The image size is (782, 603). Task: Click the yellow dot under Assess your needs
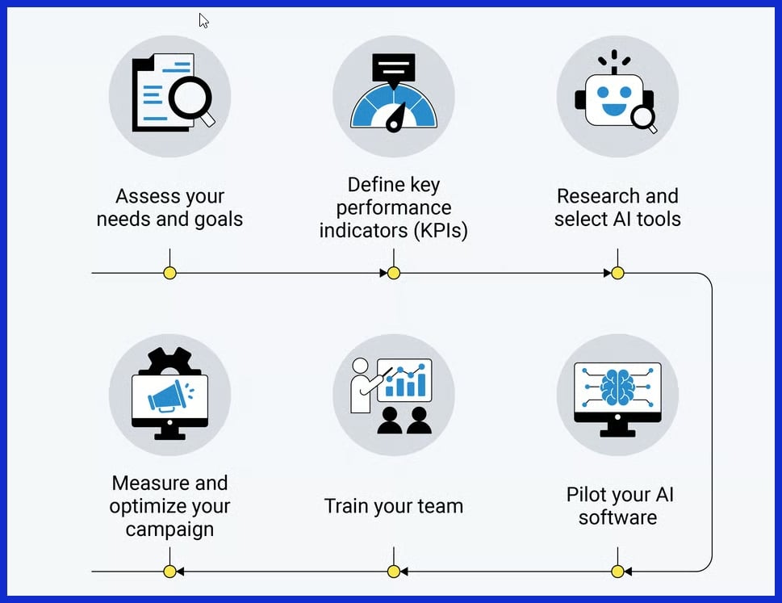(169, 273)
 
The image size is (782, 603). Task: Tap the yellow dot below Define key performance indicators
(394, 273)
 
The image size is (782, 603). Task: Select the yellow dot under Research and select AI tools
(617, 273)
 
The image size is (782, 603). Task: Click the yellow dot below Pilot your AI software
(617, 572)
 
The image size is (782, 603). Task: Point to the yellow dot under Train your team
(394, 572)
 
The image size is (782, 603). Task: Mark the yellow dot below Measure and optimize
(169, 572)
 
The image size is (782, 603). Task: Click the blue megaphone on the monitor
(168, 396)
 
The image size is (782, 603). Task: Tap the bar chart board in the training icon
(404, 380)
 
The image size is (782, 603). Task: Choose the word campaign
(169, 530)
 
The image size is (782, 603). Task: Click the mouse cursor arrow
(203, 19)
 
